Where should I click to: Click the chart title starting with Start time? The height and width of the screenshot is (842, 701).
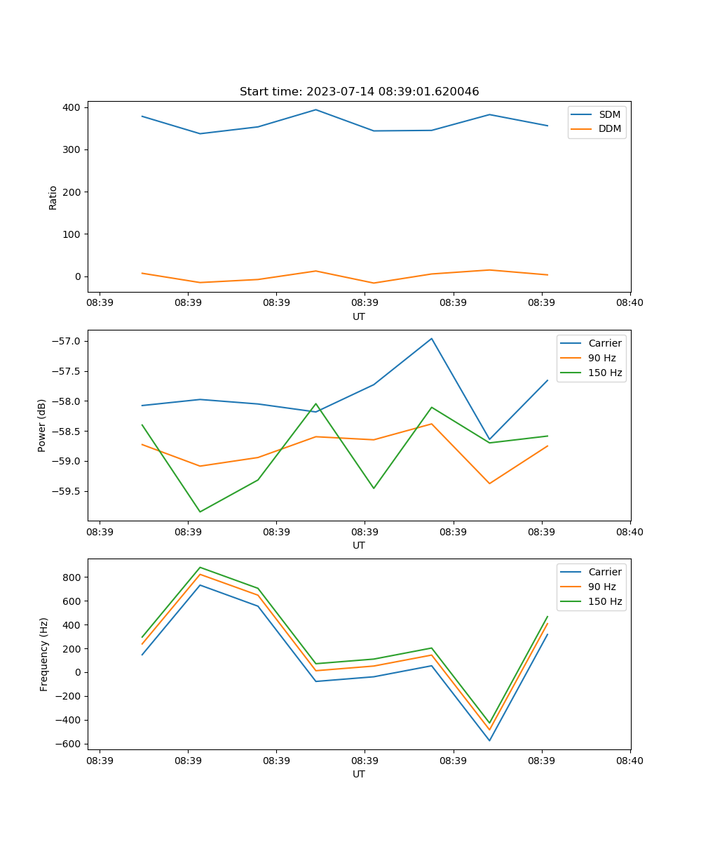click(x=359, y=92)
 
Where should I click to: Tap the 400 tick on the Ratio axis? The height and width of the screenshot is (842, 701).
click(x=72, y=107)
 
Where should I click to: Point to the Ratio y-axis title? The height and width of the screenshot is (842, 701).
click(x=53, y=197)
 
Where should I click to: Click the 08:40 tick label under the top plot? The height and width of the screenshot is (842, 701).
click(x=629, y=302)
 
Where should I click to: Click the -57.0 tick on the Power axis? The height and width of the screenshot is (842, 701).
click(x=67, y=341)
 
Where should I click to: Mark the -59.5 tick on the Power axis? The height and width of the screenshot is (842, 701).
click(x=67, y=491)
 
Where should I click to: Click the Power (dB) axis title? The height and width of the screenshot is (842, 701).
click(x=42, y=425)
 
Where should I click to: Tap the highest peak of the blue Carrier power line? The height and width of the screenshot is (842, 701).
click(x=432, y=338)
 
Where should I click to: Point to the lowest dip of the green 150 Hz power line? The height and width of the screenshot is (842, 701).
click(x=200, y=512)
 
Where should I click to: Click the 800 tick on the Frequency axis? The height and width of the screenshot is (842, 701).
click(x=74, y=577)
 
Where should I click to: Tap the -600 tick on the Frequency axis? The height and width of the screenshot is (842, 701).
click(x=69, y=744)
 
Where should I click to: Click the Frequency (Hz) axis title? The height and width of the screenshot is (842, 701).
click(x=44, y=654)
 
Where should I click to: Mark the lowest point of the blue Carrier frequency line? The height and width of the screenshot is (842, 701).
click(x=489, y=740)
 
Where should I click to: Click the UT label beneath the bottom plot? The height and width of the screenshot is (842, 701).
click(x=359, y=774)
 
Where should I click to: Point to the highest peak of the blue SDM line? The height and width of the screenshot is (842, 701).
click(x=315, y=109)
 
